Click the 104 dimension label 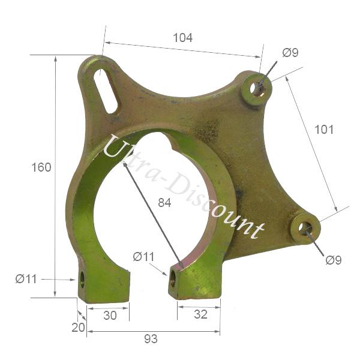[x=182, y=38]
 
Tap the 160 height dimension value [x=41, y=167]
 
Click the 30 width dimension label [x=109, y=316]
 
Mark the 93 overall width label [x=151, y=339]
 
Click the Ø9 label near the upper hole [x=290, y=53]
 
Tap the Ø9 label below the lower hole [x=334, y=260]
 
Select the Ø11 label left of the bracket [x=27, y=279]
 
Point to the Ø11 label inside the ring [x=144, y=257]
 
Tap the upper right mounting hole [x=257, y=89]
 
